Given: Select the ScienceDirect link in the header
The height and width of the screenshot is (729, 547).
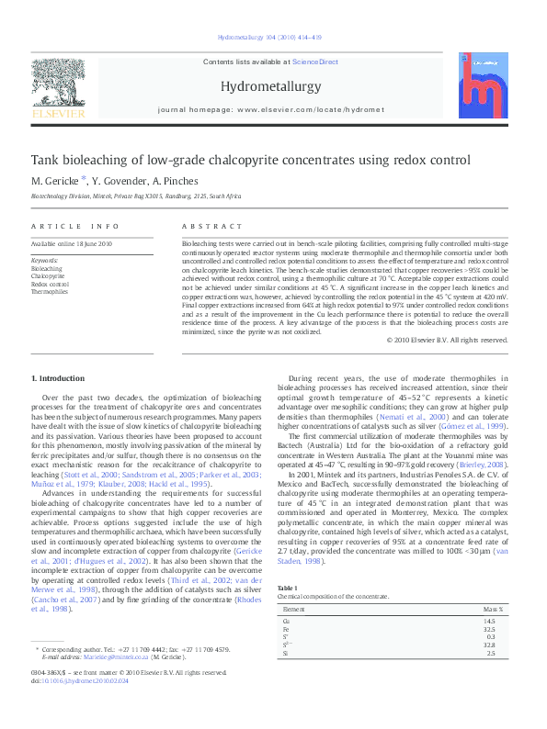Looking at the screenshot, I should (314, 62).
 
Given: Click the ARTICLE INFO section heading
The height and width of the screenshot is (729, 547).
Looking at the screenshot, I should (75, 226).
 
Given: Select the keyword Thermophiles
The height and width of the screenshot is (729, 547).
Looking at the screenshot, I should (50, 292).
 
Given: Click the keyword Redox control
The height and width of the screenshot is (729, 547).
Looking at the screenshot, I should (51, 284).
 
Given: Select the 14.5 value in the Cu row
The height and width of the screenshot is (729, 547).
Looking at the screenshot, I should (500, 622).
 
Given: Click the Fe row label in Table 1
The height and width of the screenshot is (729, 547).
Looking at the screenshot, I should (286, 630).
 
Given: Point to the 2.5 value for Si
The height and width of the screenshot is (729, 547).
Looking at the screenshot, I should (502, 653).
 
